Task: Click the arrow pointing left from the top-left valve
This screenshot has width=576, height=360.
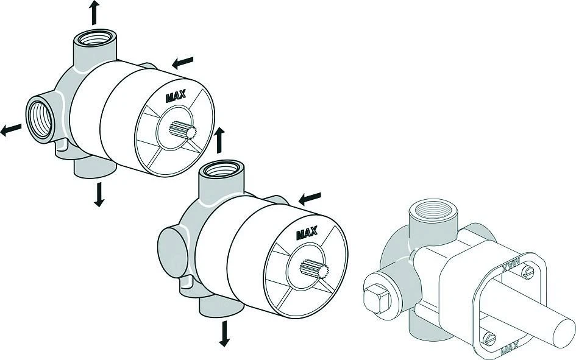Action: pos(11,129)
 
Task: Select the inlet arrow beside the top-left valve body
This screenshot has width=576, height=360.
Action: pos(182,62)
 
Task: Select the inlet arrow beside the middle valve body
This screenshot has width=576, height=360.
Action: pos(310,197)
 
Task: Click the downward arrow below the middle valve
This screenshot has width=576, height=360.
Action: pos(225,334)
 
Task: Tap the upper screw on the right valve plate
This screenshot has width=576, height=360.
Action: pos(527,272)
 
